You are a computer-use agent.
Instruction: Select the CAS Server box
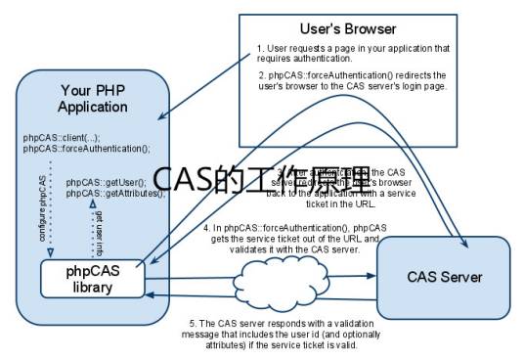pyautogui.click(x=444, y=277)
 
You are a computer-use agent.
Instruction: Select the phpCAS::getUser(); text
pyautogui.click(x=106, y=183)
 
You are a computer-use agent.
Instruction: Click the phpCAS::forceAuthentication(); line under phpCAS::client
pyautogui.click(x=87, y=148)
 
